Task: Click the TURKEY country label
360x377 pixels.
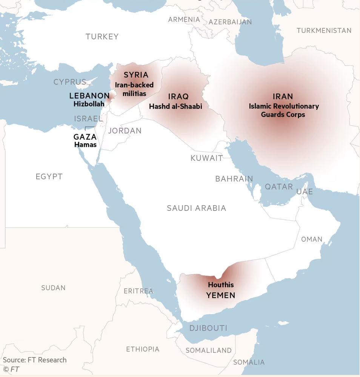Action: (102, 37)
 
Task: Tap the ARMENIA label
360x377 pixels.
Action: (184, 19)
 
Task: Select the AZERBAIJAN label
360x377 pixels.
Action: (229, 22)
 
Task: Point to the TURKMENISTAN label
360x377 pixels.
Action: (324, 31)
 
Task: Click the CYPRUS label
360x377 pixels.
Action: (70, 82)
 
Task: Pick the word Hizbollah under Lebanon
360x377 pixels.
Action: (89, 104)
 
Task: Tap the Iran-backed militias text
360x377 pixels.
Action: (134, 89)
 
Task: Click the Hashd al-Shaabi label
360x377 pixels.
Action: (175, 106)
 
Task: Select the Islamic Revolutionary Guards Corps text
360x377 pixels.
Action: (283, 110)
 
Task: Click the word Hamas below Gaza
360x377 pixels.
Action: (85, 144)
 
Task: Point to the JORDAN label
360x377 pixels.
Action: (125, 131)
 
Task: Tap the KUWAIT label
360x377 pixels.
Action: (206, 158)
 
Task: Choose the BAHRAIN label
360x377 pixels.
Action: (234, 179)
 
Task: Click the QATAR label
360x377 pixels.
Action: (279, 187)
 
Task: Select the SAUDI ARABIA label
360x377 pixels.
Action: (196, 208)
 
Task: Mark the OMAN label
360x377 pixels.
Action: (312, 239)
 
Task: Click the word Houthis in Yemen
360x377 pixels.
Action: (221, 285)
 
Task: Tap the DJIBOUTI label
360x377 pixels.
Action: (208, 328)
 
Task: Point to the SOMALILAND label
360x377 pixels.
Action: (208, 350)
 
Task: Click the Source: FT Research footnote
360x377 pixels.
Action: (35, 360)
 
